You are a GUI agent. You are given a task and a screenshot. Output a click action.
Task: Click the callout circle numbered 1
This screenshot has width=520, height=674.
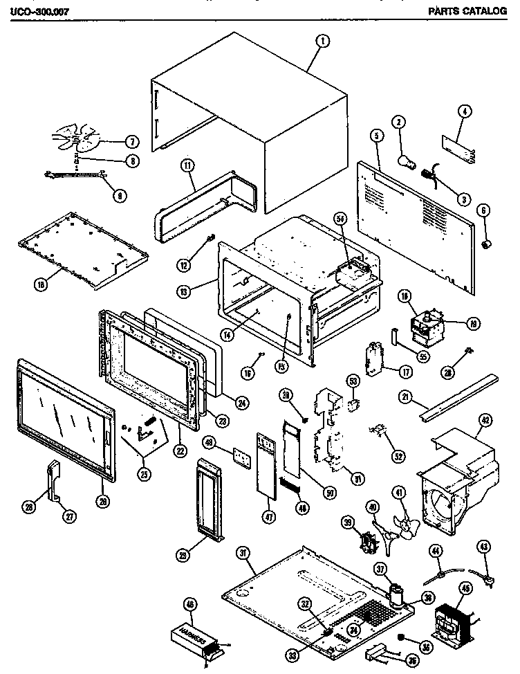pos(322,41)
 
